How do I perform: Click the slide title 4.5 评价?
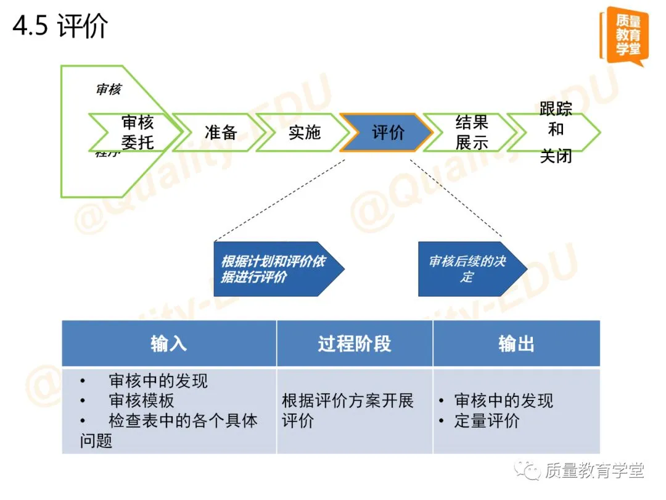(x=60, y=27)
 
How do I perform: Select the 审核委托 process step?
(x=137, y=132)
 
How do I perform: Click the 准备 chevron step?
(x=220, y=132)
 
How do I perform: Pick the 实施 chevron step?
(x=304, y=132)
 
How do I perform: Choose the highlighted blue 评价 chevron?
(x=387, y=132)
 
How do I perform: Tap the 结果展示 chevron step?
(x=472, y=132)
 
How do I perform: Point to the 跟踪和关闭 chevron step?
(x=556, y=132)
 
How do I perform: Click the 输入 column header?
(x=168, y=344)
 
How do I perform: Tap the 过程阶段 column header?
(x=355, y=344)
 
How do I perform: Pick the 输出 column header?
(x=516, y=344)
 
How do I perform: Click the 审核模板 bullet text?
(x=141, y=401)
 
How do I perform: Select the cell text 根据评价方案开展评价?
(x=348, y=410)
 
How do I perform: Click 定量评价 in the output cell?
(x=487, y=421)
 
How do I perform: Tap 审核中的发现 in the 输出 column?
(x=503, y=401)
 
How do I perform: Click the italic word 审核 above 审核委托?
(x=109, y=90)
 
